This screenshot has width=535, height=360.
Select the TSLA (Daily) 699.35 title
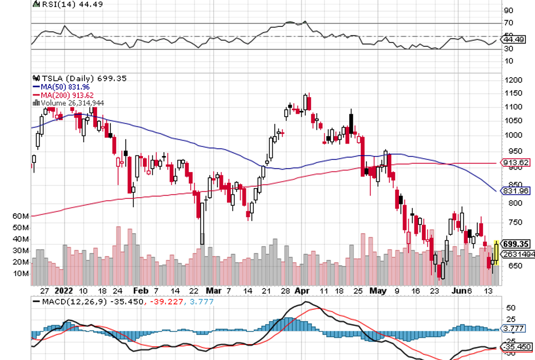[x=80, y=78]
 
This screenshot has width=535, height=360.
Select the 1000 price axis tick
[x=512, y=135]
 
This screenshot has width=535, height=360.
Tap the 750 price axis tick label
[x=510, y=223]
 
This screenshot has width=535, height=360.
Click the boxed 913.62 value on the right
[x=516, y=163]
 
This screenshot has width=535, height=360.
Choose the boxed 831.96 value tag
[x=516, y=191]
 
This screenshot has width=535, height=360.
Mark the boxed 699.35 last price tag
[x=516, y=244]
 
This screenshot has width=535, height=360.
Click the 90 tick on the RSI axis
[x=508, y=10]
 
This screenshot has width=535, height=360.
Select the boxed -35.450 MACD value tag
[x=516, y=347]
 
